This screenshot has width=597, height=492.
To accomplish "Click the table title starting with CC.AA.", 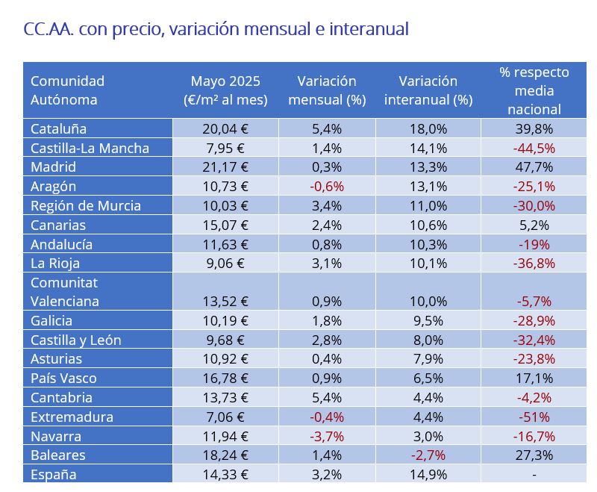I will pyautogui.click(x=216, y=30).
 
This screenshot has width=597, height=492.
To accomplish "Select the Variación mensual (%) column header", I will pyautogui.click(x=327, y=90).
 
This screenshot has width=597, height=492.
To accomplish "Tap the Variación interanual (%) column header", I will pyautogui.click(x=428, y=90).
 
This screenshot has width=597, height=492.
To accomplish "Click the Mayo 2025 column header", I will pyautogui.click(x=225, y=90).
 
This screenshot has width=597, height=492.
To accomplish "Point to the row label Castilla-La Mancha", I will pyautogui.click(x=90, y=148).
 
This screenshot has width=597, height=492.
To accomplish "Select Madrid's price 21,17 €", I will pyautogui.click(x=225, y=167).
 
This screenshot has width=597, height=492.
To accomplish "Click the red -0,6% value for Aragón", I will pyautogui.click(x=327, y=186).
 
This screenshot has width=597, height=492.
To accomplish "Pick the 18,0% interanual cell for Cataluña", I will pyautogui.click(x=428, y=128).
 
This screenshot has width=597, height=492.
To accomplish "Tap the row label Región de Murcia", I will pyautogui.click(x=86, y=205).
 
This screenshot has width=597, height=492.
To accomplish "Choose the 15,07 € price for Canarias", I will pyautogui.click(x=225, y=225).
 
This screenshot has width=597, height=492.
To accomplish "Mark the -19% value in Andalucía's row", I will pyautogui.click(x=534, y=244).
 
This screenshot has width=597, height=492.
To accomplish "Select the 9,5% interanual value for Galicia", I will pyautogui.click(x=428, y=321).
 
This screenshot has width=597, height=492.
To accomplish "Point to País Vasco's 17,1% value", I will pyautogui.click(x=534, y=379).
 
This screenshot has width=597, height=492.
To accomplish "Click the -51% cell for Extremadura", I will pyautogui.click(x=534, y=417).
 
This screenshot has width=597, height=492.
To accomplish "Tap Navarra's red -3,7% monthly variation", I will pyautogui.click(x=327, y=436).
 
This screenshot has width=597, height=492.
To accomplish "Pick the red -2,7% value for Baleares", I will pyautogui.click(x=428, y=455).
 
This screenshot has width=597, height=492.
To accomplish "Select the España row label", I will pyautogui.click(x=53, y=474).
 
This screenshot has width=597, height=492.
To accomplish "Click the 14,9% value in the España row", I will pyautogui.click(x=428, y=474).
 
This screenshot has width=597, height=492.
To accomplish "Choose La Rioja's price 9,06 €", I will pyautogui.click(x=225, y=263).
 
